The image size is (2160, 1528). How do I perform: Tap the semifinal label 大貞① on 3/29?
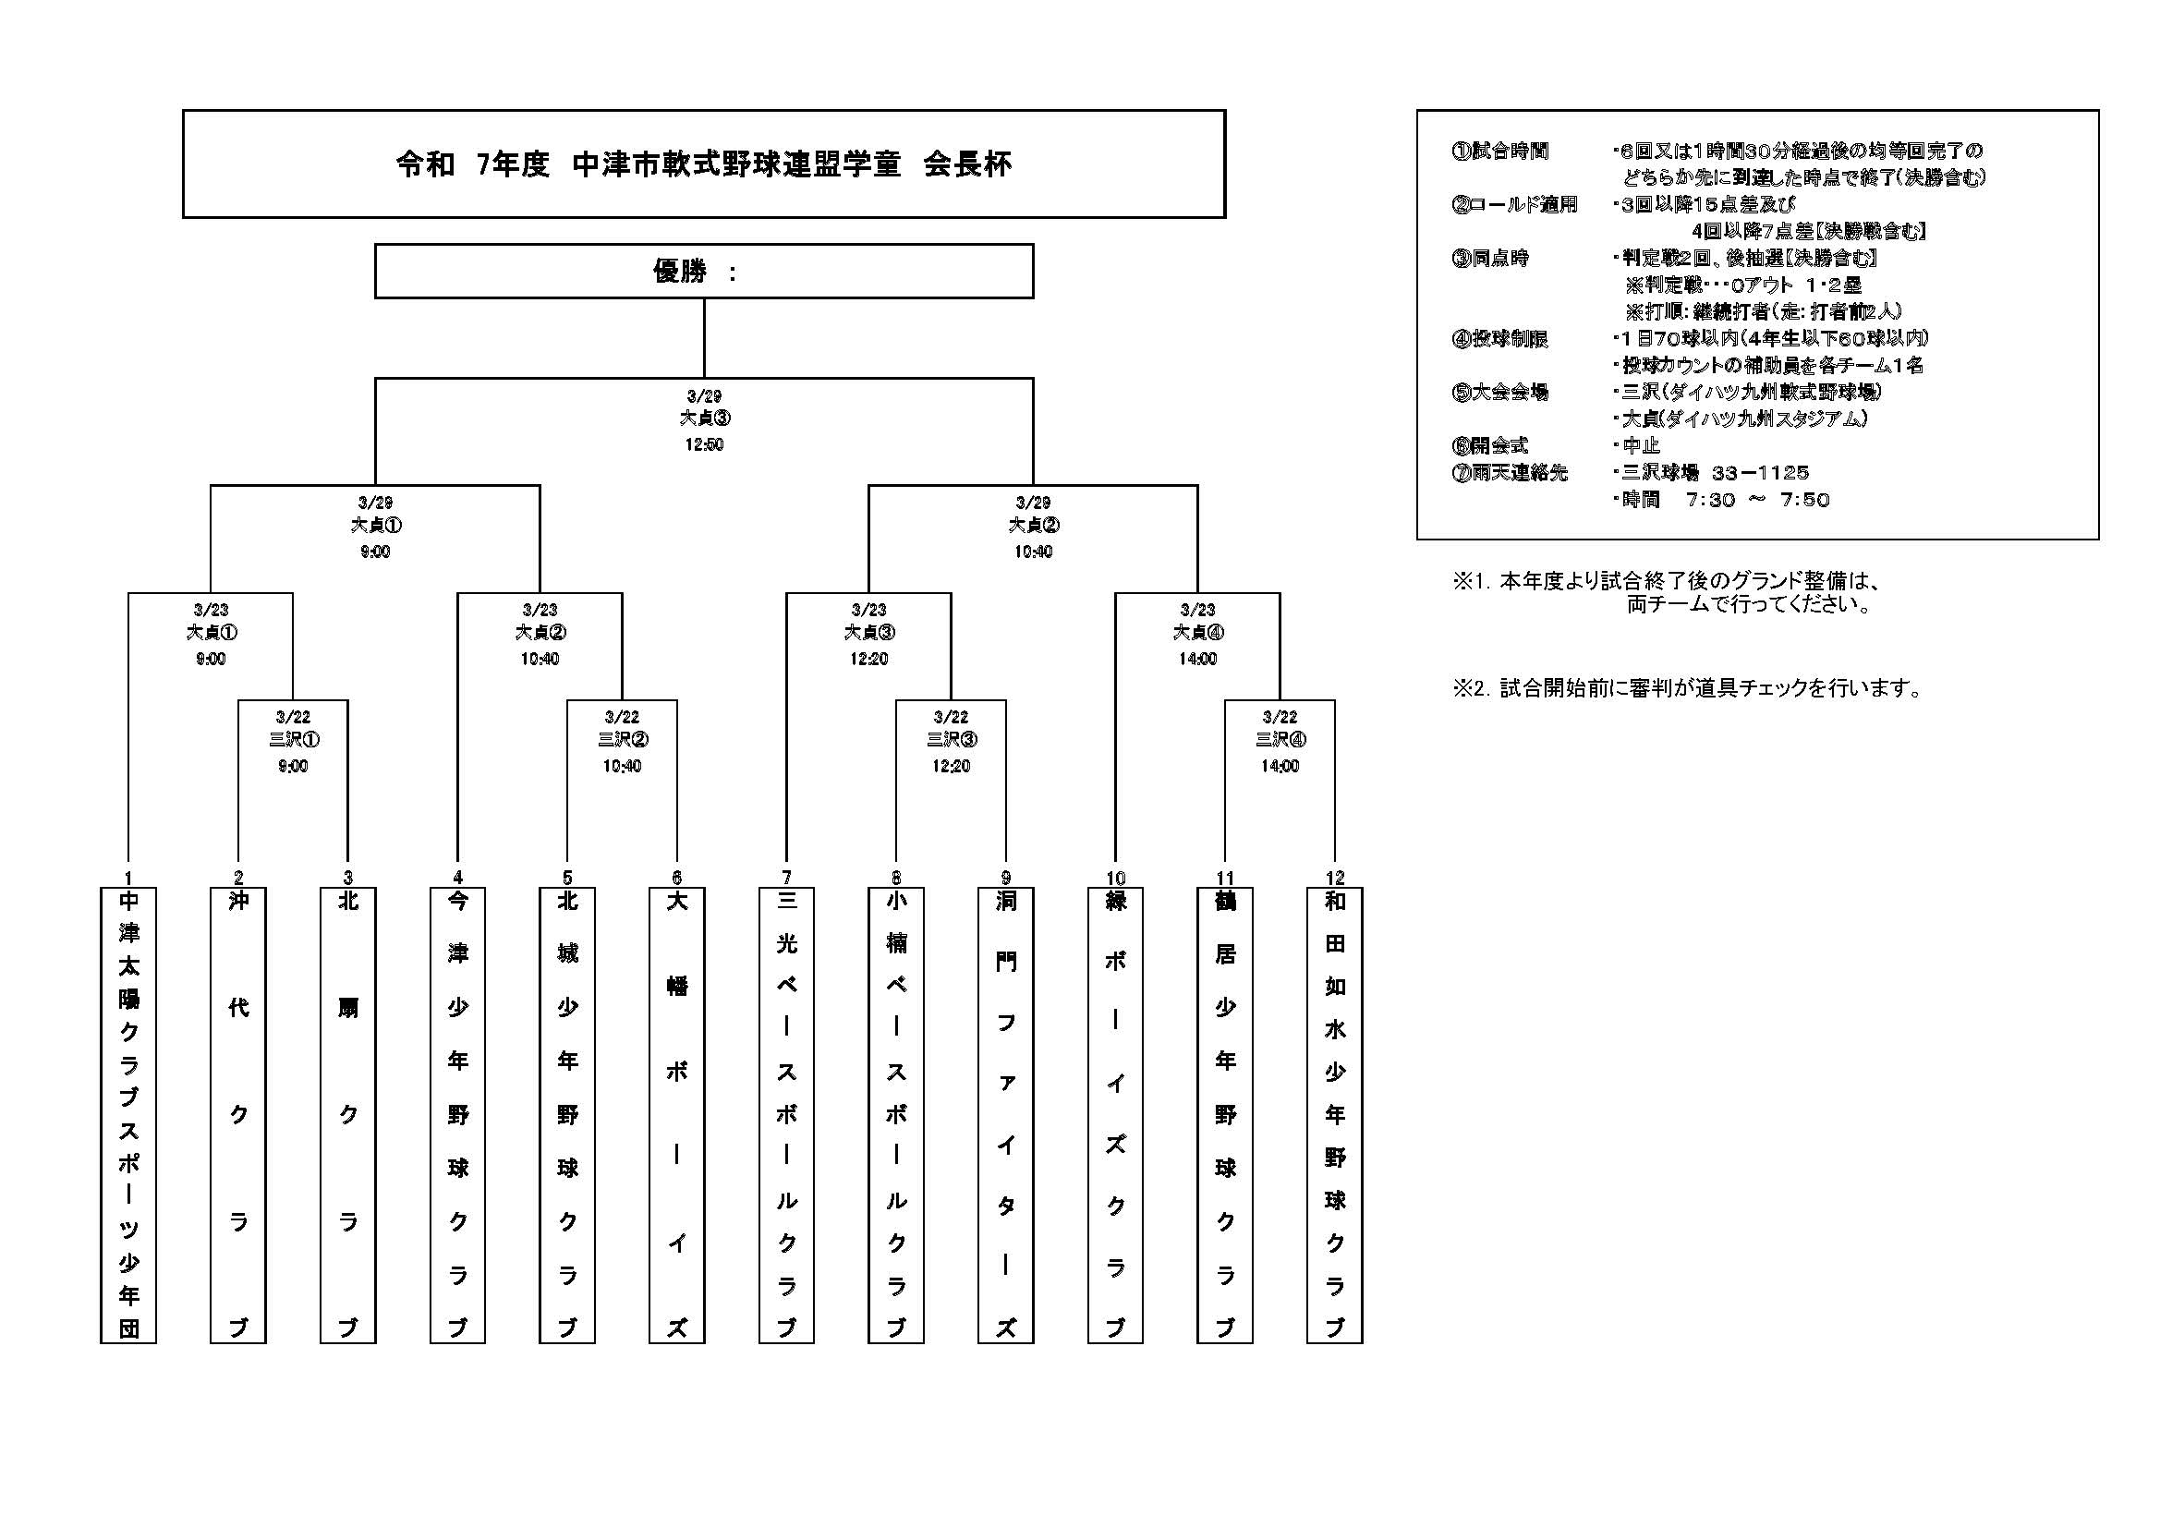(x=375, y=525)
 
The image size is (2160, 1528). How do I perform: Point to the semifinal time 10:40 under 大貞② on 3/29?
(x=1033, y=552)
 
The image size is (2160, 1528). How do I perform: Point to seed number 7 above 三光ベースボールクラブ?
(x=786, y=878)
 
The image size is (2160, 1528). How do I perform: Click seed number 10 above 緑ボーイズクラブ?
(x=1116, y=878)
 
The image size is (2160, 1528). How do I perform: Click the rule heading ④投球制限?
(x=1500, y=339)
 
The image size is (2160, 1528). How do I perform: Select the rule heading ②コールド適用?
(x=1514, y=204)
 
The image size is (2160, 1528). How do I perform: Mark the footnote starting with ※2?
(x=1689, y=689)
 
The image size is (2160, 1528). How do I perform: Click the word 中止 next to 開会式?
(x=1641, y=446)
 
